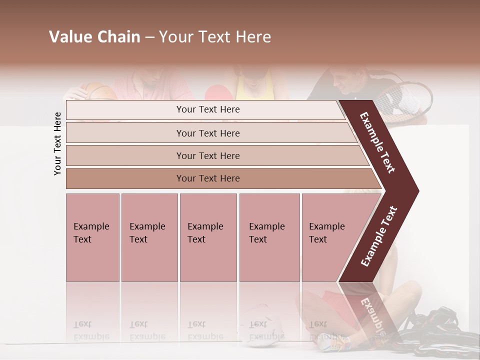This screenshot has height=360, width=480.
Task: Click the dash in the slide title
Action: coord(149,37)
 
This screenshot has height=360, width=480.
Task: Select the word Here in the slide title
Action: coord(253,37)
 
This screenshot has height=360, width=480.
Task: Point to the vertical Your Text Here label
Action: coord(57,143)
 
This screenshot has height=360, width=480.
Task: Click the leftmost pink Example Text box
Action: coord(92,237)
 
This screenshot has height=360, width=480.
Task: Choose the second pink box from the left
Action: coord(149,237)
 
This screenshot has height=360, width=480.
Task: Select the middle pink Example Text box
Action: coord(208,237)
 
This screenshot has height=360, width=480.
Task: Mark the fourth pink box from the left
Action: coord(269,237)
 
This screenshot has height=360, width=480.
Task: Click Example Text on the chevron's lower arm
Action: coord(379,236)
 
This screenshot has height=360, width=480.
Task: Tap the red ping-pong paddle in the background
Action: coord(216,92)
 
